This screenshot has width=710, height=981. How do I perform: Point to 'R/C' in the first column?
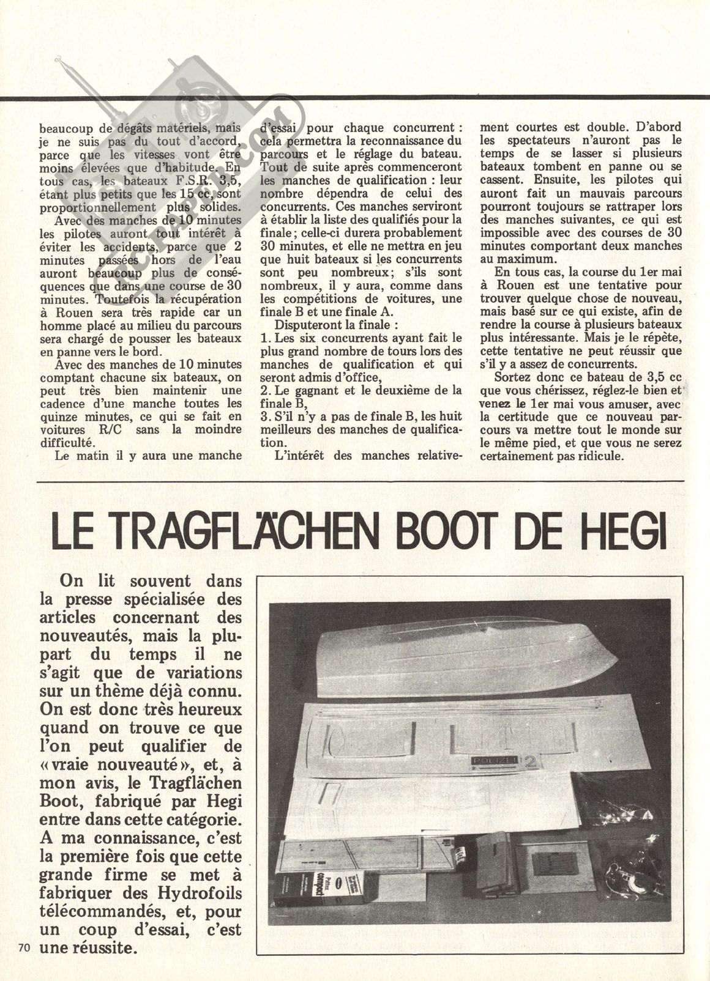click(x=111, y=429)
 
